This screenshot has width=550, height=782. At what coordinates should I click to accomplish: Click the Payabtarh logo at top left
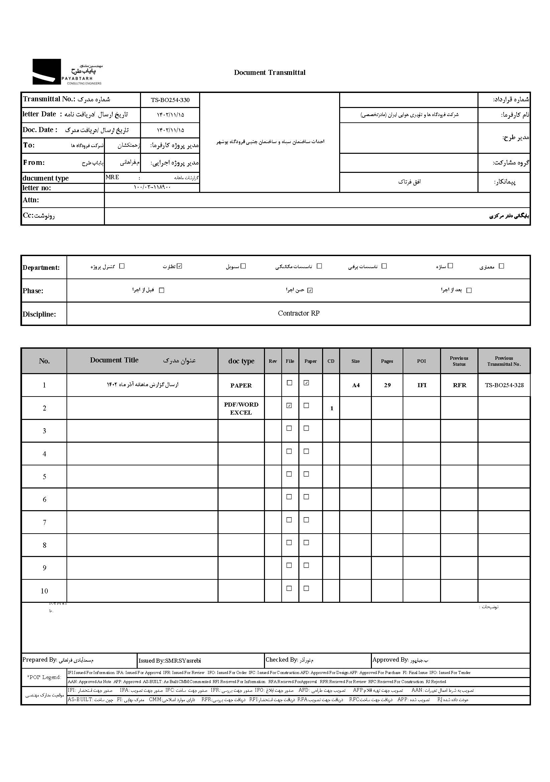67,72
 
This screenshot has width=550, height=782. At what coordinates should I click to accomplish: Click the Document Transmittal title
270,73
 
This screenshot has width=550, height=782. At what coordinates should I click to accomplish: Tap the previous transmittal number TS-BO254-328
504,385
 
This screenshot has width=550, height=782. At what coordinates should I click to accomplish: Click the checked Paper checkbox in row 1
306,383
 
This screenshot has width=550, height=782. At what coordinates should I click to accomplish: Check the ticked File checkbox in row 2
289,406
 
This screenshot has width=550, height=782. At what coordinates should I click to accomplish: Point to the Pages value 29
387,385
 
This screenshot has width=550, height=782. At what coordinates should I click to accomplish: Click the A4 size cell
356,385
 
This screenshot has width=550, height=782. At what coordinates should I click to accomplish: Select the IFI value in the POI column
422,385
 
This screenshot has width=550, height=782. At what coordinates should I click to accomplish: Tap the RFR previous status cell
459,385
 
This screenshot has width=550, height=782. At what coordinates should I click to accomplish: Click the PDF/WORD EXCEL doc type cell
241,408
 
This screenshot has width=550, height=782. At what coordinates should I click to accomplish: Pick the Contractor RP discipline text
298,313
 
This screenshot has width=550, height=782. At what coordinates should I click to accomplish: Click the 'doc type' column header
241,361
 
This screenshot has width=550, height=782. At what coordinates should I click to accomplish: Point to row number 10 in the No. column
44,591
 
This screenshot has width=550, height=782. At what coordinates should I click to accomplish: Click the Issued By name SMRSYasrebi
183,661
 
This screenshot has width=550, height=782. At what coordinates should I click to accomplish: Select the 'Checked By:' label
281,660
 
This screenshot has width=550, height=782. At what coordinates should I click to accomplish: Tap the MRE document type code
112,178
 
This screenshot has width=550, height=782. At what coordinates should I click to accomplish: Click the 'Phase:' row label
33,291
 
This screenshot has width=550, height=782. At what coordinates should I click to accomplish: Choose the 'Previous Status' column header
459,361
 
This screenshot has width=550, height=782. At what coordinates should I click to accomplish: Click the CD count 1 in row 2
332,408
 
